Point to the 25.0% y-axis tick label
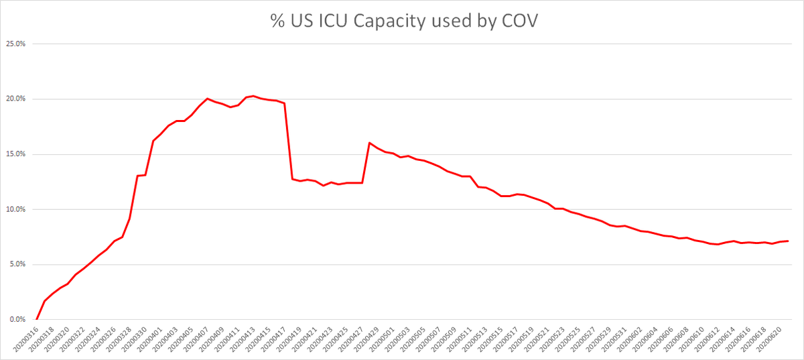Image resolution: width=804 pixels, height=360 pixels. (x=15, y=44)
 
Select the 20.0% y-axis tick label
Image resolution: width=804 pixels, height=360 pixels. (x=15, y=99)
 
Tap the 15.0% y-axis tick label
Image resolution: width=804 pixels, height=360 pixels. (x=15, y=154)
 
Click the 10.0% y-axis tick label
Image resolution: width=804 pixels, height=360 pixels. (x=15, y=209)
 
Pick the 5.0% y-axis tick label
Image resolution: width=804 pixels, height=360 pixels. (x=17, y=264)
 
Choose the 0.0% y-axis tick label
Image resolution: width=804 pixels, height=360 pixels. (x=17, y=320)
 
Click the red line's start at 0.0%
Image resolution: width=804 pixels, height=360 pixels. (x=36, y=320)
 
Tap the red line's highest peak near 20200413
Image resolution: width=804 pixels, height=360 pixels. (x=253, y=96)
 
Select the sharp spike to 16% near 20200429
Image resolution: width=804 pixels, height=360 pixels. (x=369, y=143)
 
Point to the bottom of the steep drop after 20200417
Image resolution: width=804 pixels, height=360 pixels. (x=292, y=179)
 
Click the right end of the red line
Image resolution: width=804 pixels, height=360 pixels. (x=788, y=241)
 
